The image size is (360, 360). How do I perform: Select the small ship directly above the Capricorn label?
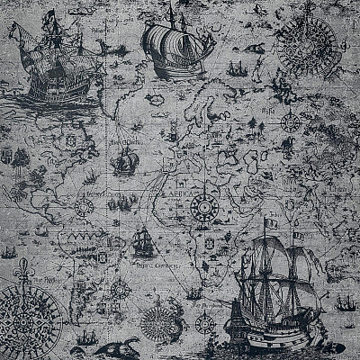click(141, 241)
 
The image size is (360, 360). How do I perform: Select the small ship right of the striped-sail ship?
click(236, 68)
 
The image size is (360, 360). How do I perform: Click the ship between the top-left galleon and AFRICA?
click(126, 163)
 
